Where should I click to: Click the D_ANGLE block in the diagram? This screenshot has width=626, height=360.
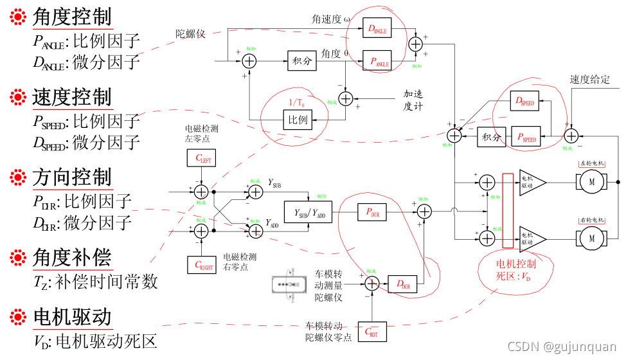(377, 28)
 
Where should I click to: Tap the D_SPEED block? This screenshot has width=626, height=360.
(525, 102)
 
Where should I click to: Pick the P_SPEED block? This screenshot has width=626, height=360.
(525, 136)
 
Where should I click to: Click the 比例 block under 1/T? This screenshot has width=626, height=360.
(297, 120)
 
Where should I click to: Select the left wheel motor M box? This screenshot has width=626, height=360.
(590, 183)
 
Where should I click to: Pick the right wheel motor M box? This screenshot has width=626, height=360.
(590, 239)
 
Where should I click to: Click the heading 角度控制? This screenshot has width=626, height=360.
(72, 17)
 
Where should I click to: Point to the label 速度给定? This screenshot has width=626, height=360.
(590, 80)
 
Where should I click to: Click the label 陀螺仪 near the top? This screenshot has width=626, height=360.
(190, 33)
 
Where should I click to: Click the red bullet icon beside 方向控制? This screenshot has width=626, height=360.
(17, 177)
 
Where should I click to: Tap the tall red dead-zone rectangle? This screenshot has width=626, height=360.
(508, 210)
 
